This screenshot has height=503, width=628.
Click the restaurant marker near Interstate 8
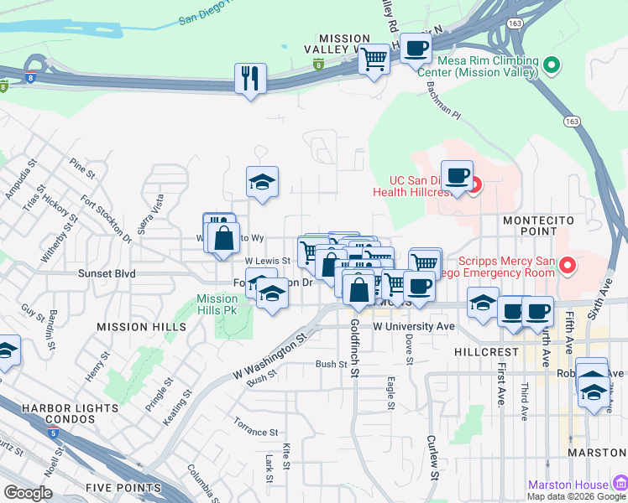[x=250, y=79]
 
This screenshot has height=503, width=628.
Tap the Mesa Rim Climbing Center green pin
[x=552, y=65]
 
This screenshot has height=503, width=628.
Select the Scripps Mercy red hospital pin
[x=567, y=267]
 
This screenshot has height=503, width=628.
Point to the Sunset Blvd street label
[x=107, y=273]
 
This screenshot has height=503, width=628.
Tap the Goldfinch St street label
[x=355, y=348]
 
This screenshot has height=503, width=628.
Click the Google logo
[x=28, y=493]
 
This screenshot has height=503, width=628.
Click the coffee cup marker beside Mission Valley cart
[x=416, y=49]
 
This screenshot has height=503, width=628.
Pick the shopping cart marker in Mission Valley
[x=373, y=60]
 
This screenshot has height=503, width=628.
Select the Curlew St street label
[x=433, y=458]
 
